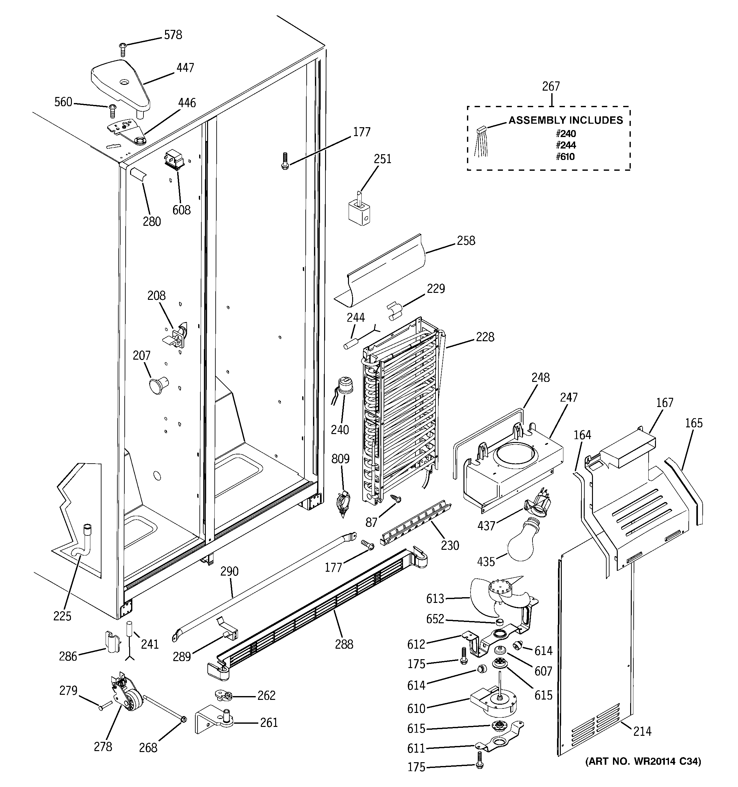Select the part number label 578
pos(173,35)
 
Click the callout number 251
pos(382,159)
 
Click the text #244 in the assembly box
pos(565,145)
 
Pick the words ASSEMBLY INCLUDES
pos(566,120)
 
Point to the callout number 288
pos(344,644)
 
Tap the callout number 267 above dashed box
pos(551,86)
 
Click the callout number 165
pos(694,423)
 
